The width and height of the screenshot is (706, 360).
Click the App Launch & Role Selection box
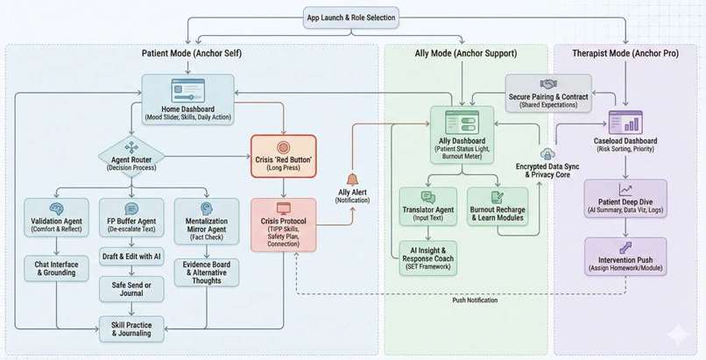pyautogui.click(x=350, y=18)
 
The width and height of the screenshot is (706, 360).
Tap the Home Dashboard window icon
pyautogui.click(x=187, y=90)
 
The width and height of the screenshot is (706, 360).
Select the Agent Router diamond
pyautogui.click(x=131, y=157)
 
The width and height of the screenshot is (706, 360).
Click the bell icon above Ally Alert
pyautogui.click(x=352, y=180)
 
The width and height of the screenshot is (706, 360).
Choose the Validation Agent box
pyautogui.click(x=56, y=218)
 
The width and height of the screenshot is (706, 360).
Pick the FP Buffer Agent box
pyautogui.click(x=131, y=218)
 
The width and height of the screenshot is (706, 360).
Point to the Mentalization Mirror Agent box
pyautogui.click(x=206, y=222)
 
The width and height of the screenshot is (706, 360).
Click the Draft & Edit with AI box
pyautogui.click(x=131, y=257)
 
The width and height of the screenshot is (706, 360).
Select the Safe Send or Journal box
pyautogui.click(x=131, y=289)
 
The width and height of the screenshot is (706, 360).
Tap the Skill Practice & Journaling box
pyautogui.click(x=131, y=329)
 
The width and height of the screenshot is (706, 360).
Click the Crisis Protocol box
pyautogui.click(x=283, y=225)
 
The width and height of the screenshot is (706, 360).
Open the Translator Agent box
pyautogui.click(x=427, y=207)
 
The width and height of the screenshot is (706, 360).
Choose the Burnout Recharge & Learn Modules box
pyautogui.click(x=497, y=207)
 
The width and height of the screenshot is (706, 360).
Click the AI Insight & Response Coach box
pyautogui.click(x=427, y=258)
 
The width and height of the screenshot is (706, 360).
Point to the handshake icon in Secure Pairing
pyautogui.click(x=548, y=84)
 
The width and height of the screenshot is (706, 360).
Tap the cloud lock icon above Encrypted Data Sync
pyautogui.click(x=547, y=154)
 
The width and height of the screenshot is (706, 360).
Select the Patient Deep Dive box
pyautogui.click(x=625, y=199)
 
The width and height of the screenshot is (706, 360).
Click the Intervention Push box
pyautogui.click(x=625, y=257)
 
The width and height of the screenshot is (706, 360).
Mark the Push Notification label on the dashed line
pyautogui.click(x=475, y=300)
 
